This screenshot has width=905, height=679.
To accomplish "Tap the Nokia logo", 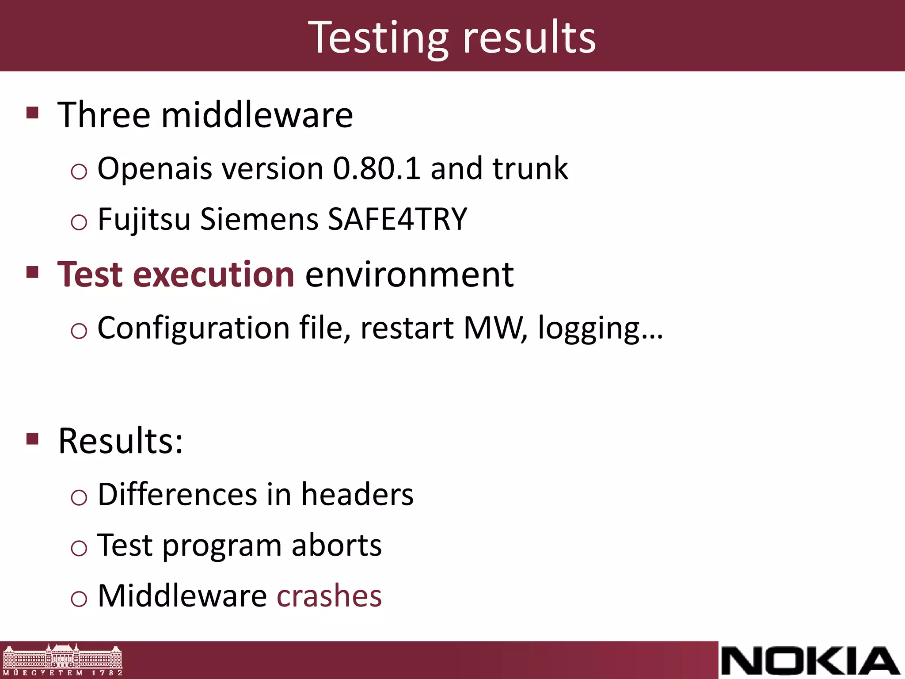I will coord(810,660).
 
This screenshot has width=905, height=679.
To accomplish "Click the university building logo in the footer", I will coord(62,660).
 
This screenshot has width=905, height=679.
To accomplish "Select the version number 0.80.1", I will coord(376,169).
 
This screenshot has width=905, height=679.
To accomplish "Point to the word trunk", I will coord(530,169).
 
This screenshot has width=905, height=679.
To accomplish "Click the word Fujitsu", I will coord(144,219).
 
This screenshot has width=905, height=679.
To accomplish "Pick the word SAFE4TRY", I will coord(397,219).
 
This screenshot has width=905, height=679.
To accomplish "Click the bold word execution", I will coord(213,275).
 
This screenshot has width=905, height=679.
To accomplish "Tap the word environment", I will coord(409,275).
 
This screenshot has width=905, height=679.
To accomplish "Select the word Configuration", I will coord(194,328).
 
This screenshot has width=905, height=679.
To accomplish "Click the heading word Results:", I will coord(121,441).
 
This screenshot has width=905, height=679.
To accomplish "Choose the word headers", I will coord(357,494).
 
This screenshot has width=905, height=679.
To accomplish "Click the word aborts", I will coord(336,545).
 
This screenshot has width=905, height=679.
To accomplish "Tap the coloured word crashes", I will coord(329,596).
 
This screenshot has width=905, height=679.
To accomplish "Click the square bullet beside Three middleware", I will coord(33,113).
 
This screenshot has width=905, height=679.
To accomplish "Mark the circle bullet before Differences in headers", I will coord(79,498).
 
